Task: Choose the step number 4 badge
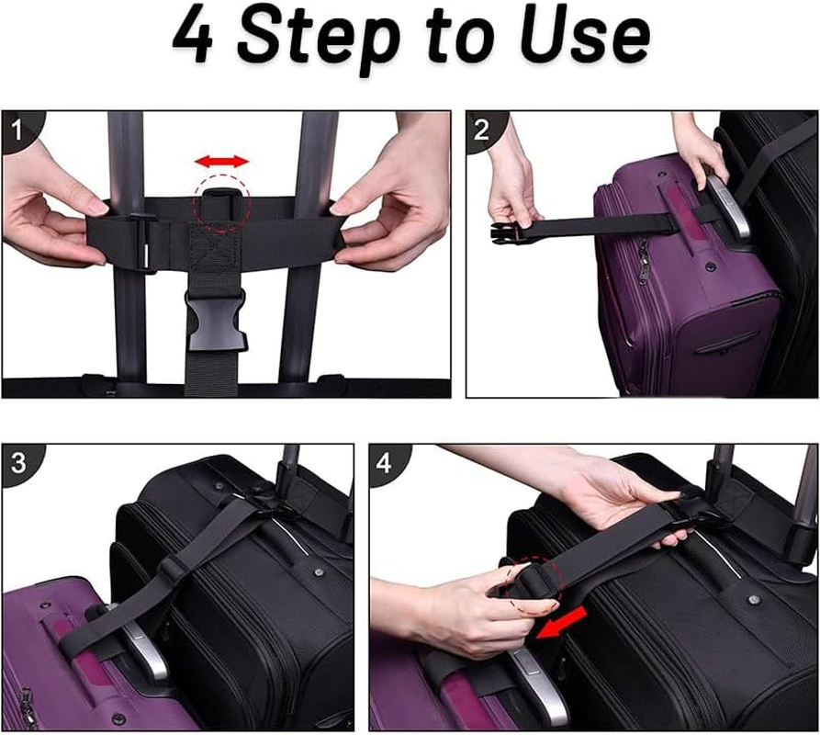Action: click(x=385, y=462)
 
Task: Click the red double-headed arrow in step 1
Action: click(x=221, y=162)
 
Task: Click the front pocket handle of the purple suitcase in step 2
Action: click(x=725, y=341)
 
